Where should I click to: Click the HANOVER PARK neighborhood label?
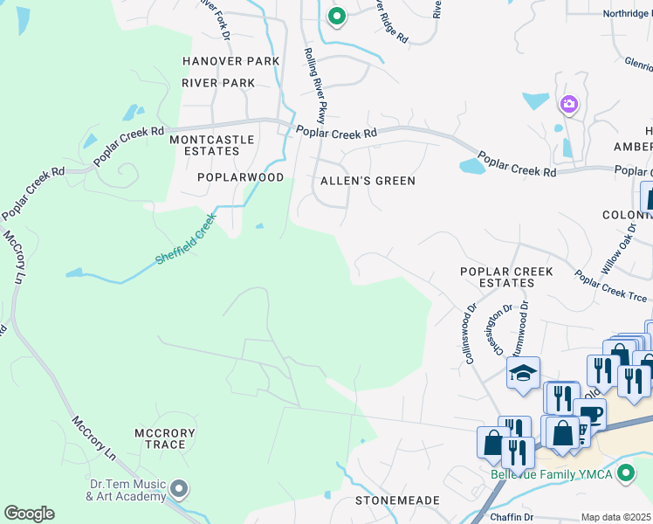[x=230, y=61]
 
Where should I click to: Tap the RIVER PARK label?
[x=218, y=83]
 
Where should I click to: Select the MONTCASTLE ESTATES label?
[x=212, y=145]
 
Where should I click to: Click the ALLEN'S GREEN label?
[x=368, y=181]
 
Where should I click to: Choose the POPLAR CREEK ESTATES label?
[x=506, y=278]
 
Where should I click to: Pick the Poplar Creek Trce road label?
[x=610, y=286]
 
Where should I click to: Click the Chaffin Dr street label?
[x=511, y=517]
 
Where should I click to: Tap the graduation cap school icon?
[x=523, y=373]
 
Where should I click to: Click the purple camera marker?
[x=569, y=105]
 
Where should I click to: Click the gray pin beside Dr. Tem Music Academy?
[x=179, y=488]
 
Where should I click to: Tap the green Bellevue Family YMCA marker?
[x=624, y=474]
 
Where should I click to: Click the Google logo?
[x=29, y=514]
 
